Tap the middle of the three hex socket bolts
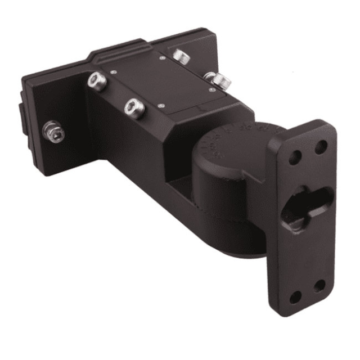97,82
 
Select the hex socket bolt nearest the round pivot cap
135,107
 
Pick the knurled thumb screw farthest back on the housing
180,56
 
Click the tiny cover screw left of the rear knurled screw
163,57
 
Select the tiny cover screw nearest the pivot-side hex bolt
161,104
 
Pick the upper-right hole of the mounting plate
321,148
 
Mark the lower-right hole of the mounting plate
319,285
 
